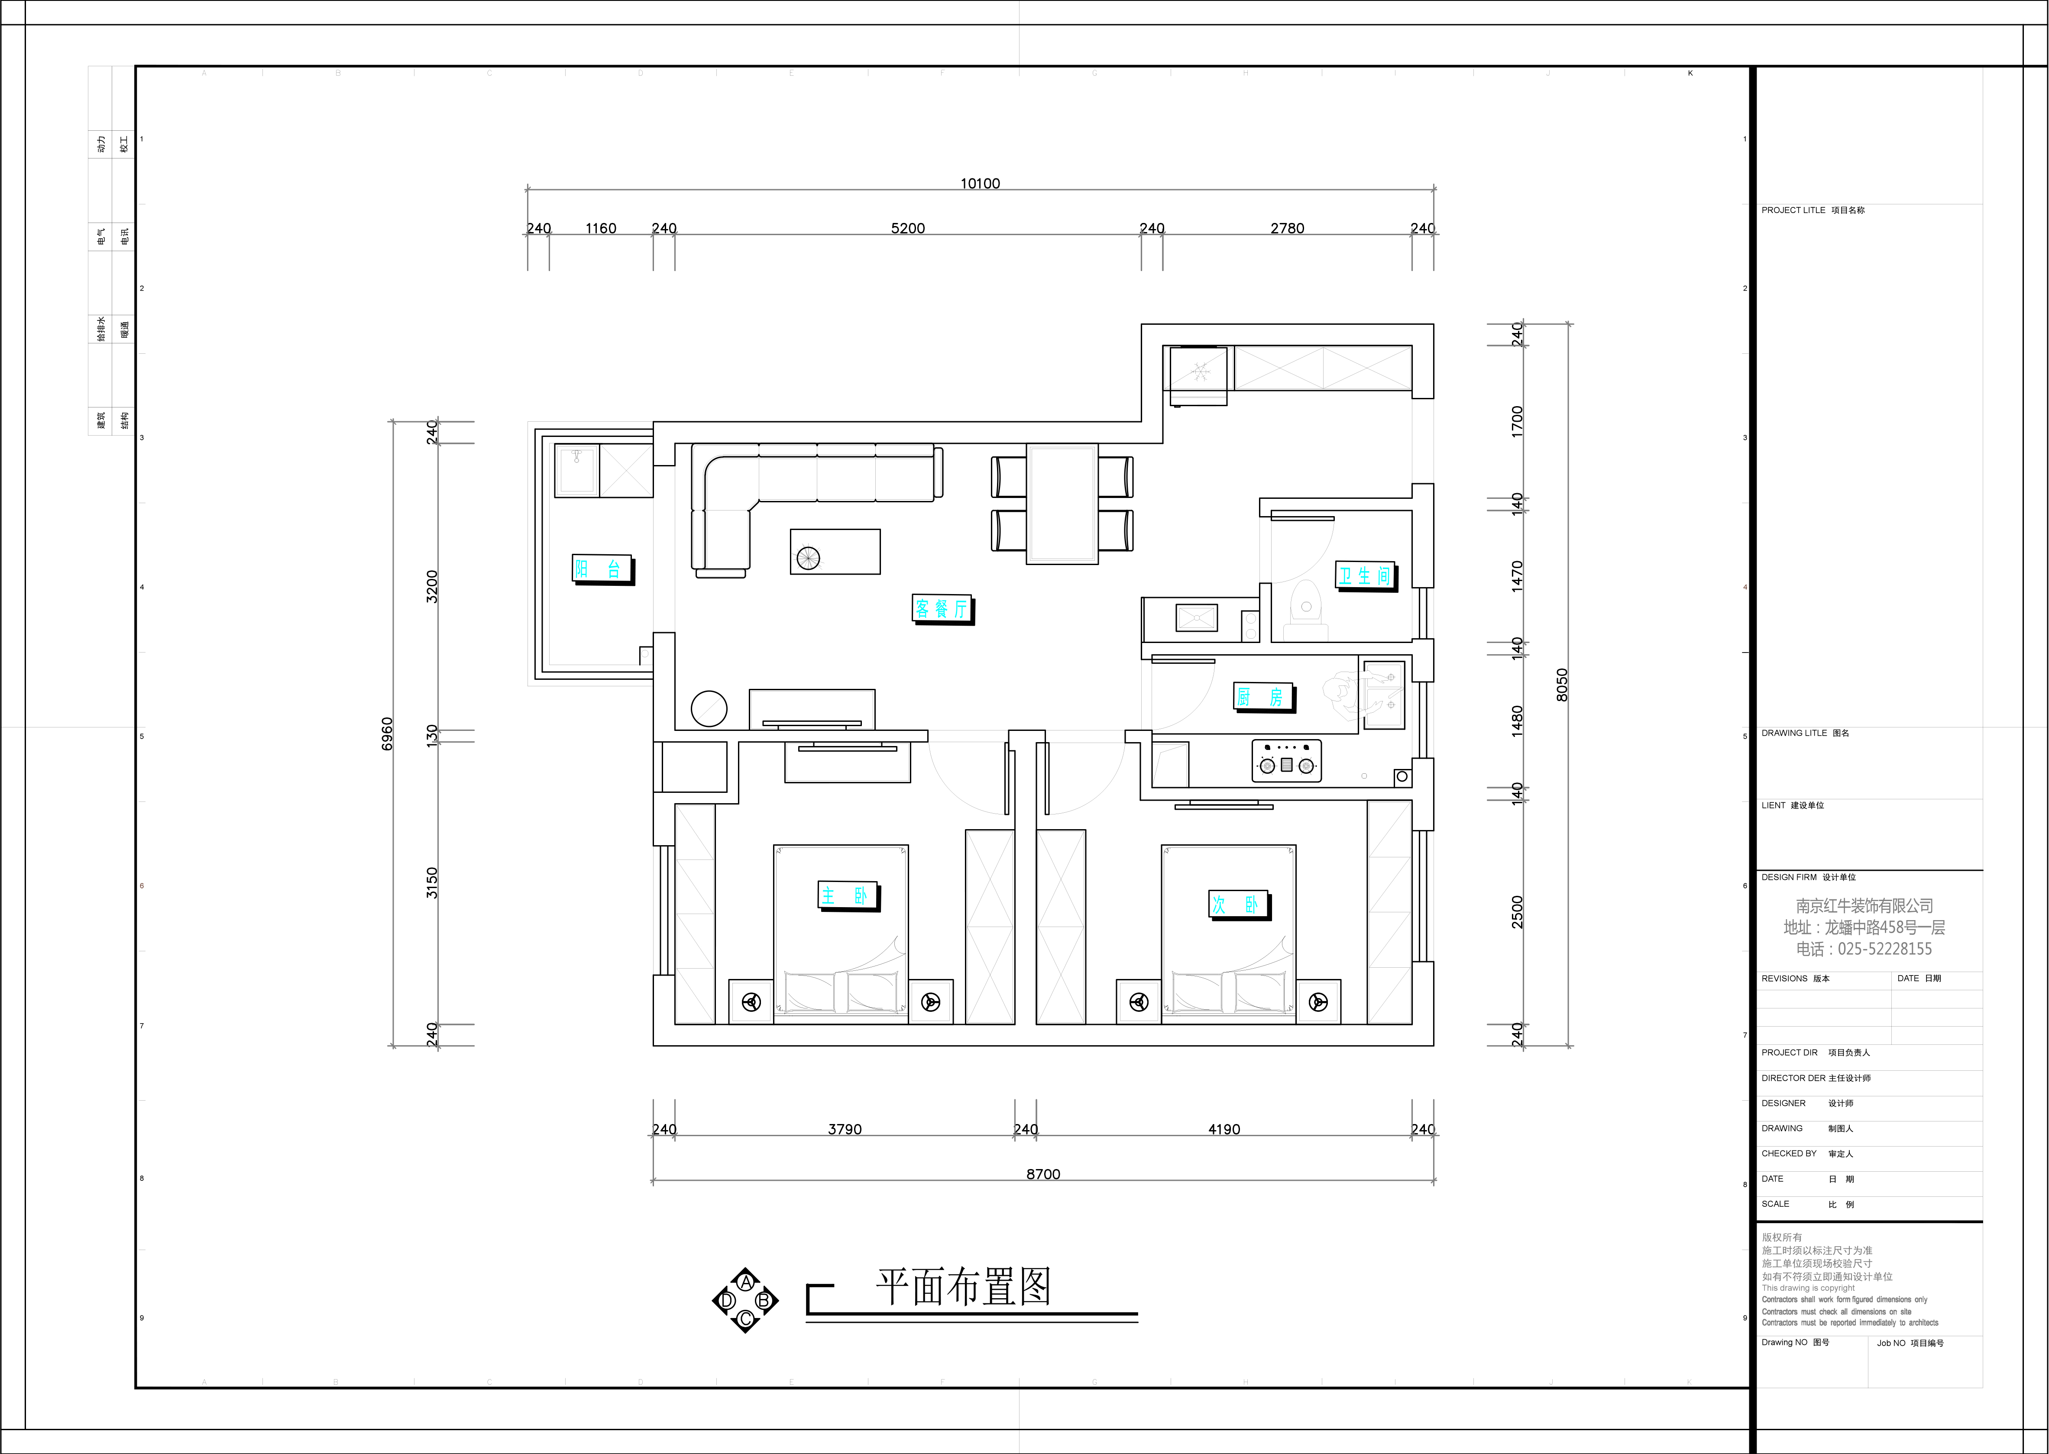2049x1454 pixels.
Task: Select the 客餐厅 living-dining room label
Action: [x=942, y=609]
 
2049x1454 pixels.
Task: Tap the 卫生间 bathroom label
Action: [x=1365, y=576]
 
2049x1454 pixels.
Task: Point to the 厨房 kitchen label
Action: [x=1263, y=697]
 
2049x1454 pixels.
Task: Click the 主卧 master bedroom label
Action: [x=847, y=895]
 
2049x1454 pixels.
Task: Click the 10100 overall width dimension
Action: [x=980, y=184]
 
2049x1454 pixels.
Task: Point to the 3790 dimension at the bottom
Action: [x=845, y=1129]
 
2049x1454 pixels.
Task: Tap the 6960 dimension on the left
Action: [x=387, y=734]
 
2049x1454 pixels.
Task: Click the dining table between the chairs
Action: [x=1062, y=503]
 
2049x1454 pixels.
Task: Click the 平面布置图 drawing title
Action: [x=963, y=1287]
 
